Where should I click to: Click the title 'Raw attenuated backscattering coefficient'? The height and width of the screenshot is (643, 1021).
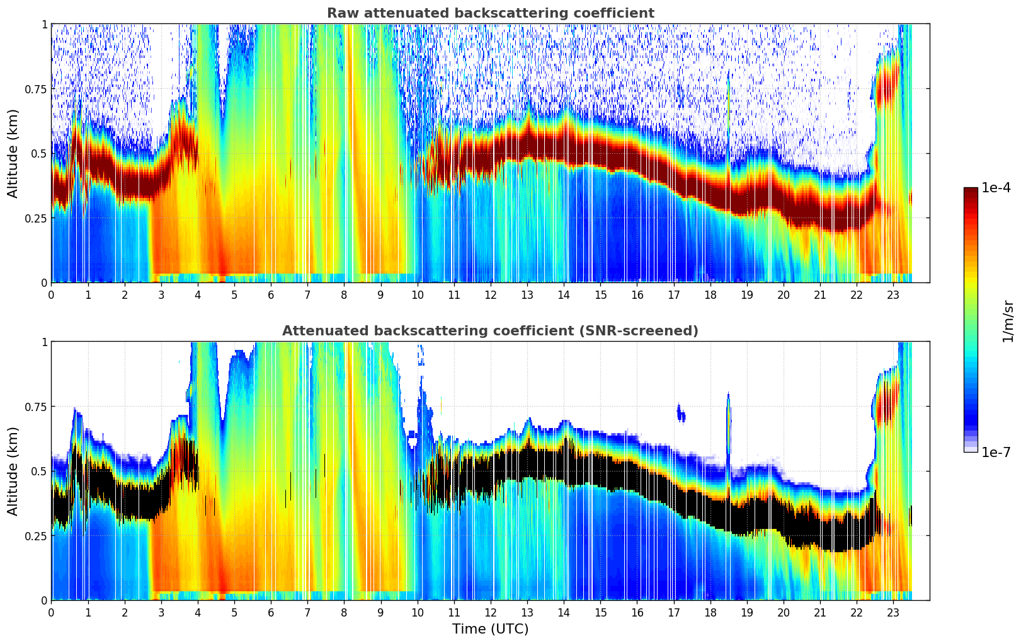coord(490,13)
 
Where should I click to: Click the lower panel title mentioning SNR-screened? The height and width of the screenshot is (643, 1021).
coord(490,331)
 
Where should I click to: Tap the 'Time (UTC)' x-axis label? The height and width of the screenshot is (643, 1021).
coord(490,629)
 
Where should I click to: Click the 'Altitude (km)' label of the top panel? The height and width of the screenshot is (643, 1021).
coord(13,153)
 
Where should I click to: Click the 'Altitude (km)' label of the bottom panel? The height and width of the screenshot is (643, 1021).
coord(13,471)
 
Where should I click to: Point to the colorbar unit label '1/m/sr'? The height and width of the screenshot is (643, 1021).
coord(1008,321)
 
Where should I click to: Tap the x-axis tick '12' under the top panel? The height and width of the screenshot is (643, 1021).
coord(491,294)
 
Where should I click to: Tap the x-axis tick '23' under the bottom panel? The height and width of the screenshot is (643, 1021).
coord(893,612)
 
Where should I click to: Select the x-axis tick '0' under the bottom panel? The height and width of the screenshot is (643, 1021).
coord(51,612)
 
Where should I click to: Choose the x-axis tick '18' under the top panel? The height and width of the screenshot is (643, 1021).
coord(710,294)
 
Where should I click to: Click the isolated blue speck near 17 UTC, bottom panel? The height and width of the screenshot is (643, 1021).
coord(681,413)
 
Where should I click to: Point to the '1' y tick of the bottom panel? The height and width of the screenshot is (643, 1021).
coord(44,342)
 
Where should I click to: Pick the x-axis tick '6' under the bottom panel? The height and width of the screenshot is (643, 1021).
coord(271,612)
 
